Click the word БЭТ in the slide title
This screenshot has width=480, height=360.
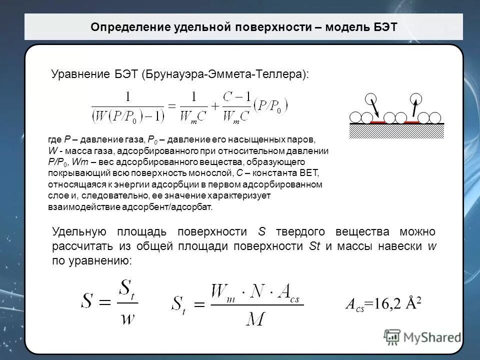pyautogui.click(x=384, y=27)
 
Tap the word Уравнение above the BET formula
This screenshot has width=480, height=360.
pyautogui.click(x=77, y=74)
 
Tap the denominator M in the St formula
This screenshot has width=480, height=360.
pyautogui.click(x=255, y=319)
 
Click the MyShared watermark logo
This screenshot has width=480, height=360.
pyautogui.click(x=422, y=336)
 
